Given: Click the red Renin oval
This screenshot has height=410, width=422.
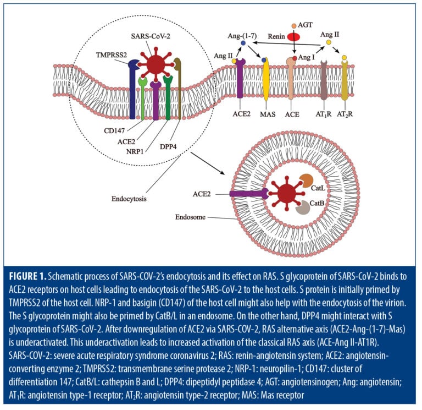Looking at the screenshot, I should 294,36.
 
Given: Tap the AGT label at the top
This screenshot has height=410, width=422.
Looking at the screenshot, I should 306,25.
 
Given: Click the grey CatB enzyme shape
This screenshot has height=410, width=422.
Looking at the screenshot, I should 302,207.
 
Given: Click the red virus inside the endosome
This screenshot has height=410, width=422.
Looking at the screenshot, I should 286,194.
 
